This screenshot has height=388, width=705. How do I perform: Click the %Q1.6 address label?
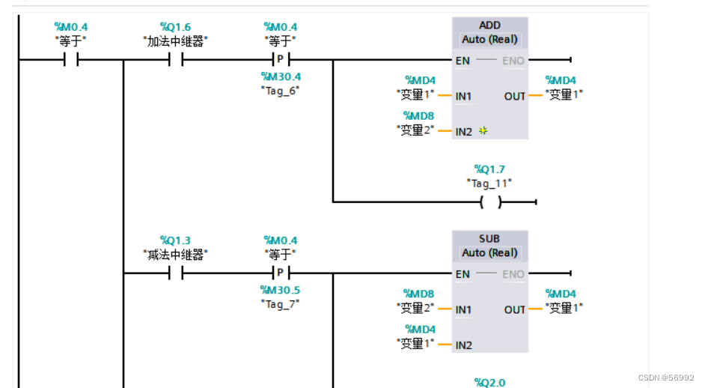tap(175, 27)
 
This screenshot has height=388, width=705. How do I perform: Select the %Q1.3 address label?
tap(175, 240)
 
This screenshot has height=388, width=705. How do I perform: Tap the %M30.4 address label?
tap(281, 76)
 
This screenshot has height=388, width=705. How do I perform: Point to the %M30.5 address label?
tap(281, 290)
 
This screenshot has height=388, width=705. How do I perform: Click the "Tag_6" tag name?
tap(281, 90)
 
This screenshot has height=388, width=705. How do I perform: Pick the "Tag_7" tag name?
tap(281, 303)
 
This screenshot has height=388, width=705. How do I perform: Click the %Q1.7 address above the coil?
tap(489, 169)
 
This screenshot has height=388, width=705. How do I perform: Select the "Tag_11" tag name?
tap(489, 183)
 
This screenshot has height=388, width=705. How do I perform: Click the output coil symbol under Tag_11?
tap(490, 202)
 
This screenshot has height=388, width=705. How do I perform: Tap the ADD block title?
tap(490, 25)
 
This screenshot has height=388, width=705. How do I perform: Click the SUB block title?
tap(490, 239)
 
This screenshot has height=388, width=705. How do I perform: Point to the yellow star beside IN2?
tap(483, 131)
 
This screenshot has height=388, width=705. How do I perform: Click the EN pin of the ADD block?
tap(463, 61)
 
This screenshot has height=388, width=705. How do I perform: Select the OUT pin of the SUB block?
tap(514, 309)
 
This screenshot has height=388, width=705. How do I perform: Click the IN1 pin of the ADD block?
tap(464, 96)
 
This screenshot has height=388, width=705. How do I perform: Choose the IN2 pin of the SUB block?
tap(464, 345)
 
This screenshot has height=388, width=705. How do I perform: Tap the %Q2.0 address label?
tap(489, 383)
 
